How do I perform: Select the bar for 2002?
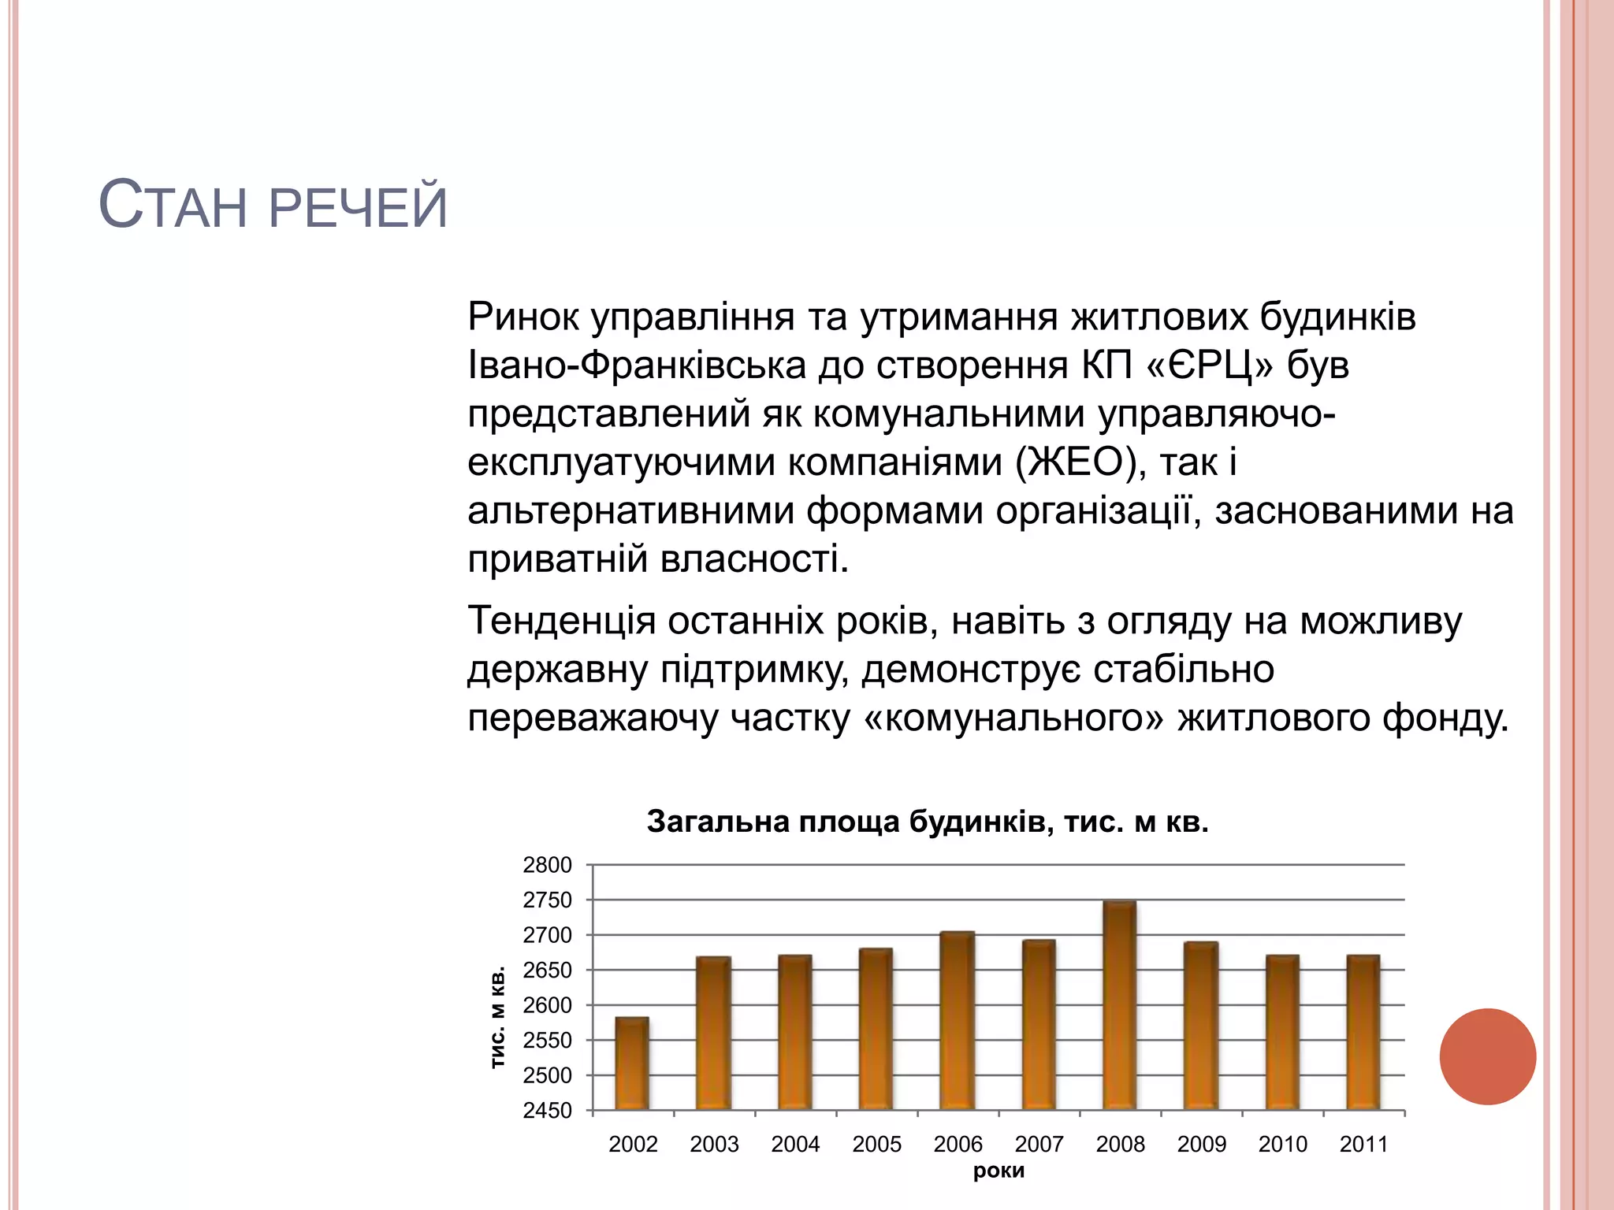pyautogui.click(x=632, y=1063)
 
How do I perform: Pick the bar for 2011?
pyautogui.click(x=1363, y=1033)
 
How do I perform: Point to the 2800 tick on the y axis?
pyautogui.click(x=547, y=865)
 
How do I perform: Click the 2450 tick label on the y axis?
pyautogui.click(x=547, y=1111)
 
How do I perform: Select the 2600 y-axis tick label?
pyautogui.click(x=547, y=1005)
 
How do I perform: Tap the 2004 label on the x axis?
pyautogui.click(x=795, y=1144)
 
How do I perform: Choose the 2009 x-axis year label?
pyautogui.click(x=1201, y=1144)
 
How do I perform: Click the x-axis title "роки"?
pyautogui.click(x=999, y=1171)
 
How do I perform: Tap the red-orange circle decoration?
pyautogui.click(x=1487, y=1056)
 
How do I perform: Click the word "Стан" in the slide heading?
pyautogui.click(x=173, y=206)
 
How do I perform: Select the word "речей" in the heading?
pyautogui.click(x=358, y=208)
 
